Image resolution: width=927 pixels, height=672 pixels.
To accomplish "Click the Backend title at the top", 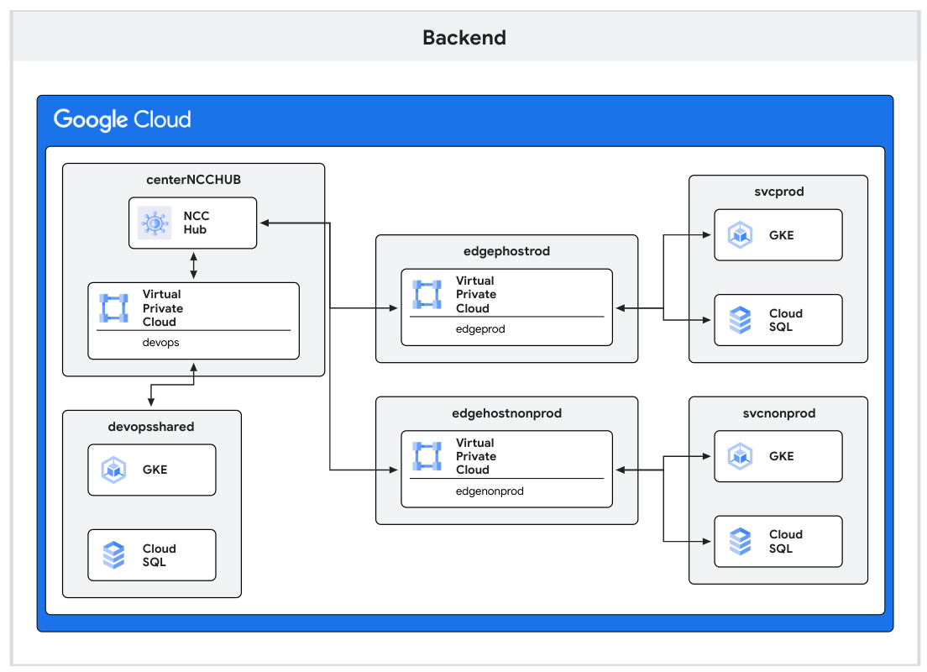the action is (464, 38).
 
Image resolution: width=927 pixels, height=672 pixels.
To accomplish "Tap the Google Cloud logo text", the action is (123, 119).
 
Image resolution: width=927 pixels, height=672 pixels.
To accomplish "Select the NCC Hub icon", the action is (154, 223).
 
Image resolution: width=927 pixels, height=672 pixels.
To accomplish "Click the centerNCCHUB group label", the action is (193, 180).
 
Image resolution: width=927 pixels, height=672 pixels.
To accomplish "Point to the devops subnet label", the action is (161, 343).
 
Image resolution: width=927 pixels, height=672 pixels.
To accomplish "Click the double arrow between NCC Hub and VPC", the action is (193, 265).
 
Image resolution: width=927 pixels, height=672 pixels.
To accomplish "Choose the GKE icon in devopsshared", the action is (113, 470).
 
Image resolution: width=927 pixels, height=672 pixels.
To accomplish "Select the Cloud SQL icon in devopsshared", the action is (113, 555).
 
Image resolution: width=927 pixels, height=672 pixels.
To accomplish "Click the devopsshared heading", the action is (151, 427).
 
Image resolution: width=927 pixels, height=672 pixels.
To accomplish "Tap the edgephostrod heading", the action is (506, 251).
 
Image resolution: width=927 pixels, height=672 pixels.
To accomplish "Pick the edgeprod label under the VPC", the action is (480, 329).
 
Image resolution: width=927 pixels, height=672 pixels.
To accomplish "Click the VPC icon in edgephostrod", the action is (427, 295).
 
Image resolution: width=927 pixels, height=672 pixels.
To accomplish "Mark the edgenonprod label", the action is (490, 491).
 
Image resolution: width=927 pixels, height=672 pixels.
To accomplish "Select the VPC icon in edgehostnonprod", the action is (427, 456).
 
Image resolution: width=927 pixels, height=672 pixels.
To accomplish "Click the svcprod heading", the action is (778, 192).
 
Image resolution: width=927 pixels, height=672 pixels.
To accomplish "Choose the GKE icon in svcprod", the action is (740, 235).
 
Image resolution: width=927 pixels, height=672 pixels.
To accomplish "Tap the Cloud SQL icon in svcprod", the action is (740, 320).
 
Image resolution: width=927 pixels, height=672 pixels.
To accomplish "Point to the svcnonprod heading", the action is (778, 413).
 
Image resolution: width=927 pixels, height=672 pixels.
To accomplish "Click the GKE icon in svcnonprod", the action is (740, 456).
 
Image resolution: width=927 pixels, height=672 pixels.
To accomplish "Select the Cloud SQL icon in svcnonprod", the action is (740, 541).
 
